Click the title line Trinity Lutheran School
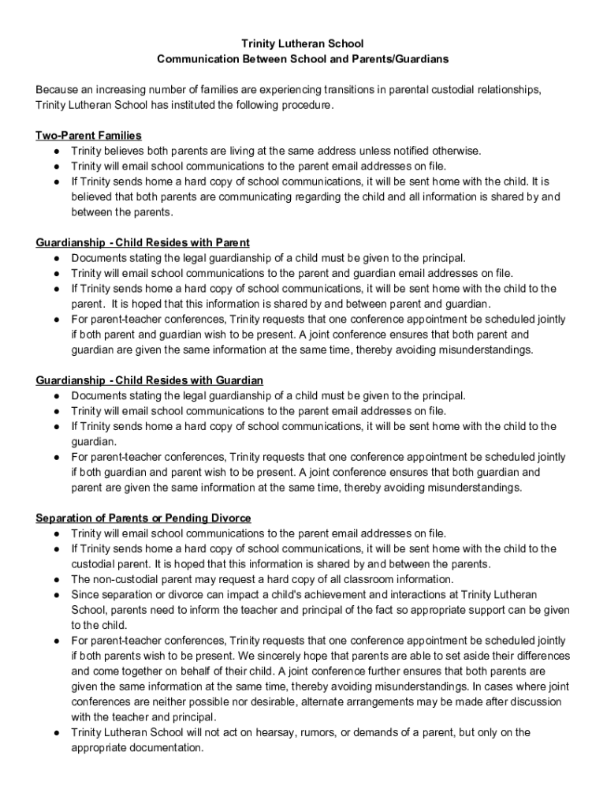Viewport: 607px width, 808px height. (x=303, y=43)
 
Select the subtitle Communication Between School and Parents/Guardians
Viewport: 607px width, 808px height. (x=303, y=59)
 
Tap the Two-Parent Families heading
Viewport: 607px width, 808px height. (x=88, y=135)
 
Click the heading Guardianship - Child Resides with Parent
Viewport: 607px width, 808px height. (x=143, y=242)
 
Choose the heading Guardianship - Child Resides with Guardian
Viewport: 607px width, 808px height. (x=150, y=380)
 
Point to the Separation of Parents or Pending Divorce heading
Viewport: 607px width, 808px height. (x=143, y=518)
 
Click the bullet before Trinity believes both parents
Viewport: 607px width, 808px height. (x=58, y=151)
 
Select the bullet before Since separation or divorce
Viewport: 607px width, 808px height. (x=58, y=595)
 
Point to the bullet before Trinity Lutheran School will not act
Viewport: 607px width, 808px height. (x=58, y=733)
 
